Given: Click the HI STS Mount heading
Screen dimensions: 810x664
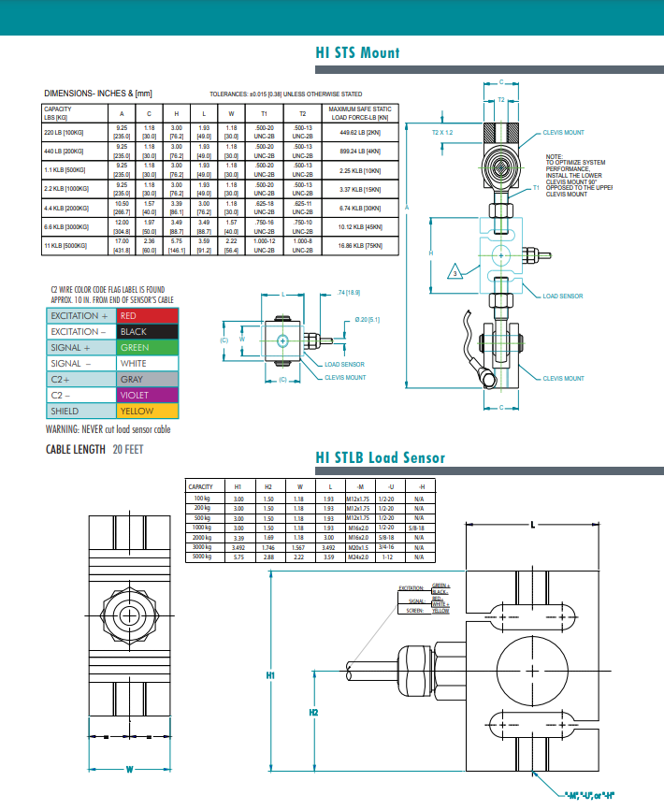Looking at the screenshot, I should coord(357,52).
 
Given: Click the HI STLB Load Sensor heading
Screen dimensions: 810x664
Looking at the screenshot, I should coord(380,457).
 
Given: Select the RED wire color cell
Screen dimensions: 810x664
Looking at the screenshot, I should coord(147,316).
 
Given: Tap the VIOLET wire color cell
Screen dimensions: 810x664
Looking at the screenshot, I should coord(147,395).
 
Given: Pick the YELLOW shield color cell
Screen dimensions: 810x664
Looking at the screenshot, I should coord(147,411).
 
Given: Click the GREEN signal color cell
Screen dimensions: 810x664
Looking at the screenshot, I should coord(147,348).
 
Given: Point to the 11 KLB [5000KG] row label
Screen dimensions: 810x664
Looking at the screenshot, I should coord(65,245).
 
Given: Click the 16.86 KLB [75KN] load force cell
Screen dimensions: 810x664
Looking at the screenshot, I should coord(359,245).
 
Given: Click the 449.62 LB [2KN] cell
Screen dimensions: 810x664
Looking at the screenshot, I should coord(359,132).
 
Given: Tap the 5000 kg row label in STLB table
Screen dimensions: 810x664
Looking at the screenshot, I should coord(202,557).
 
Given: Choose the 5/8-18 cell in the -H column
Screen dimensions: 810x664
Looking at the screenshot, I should coord(420,528).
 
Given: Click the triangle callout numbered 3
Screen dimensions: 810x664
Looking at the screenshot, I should coord(455,272).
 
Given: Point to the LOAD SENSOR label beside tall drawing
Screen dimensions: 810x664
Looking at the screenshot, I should coord(563,296).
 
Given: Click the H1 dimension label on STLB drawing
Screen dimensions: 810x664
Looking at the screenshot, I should coord(271,674).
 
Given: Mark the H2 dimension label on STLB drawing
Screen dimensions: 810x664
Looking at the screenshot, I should coord(313,712).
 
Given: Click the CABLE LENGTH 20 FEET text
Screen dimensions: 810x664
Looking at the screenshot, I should coord(94,450).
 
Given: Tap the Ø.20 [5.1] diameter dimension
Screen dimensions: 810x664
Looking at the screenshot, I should coord(365,320).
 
